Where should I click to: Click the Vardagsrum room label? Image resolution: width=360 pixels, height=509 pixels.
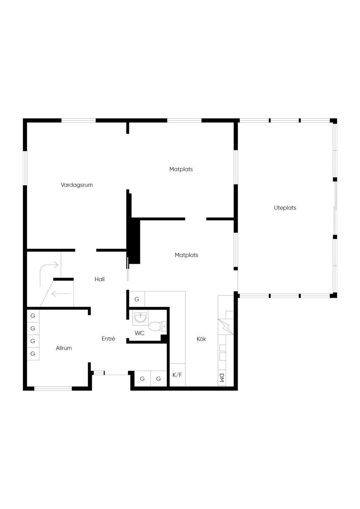click(77, 185)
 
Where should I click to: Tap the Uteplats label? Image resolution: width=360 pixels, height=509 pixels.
click(285, 208)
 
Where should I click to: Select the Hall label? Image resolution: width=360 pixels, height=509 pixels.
click(99, 279)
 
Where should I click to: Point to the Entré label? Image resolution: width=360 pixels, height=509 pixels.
click(108, 339)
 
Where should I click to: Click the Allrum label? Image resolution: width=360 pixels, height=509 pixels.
click(64, 348)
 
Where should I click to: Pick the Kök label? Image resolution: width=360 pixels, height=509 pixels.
click(201, 339)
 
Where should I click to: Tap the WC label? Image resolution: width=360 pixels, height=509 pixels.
click(140, 333)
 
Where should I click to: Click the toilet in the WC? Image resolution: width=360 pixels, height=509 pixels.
click(157, 326)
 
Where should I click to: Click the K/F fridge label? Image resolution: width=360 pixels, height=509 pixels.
click(177, 375)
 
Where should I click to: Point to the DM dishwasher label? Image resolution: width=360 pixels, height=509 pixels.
click(222, 378)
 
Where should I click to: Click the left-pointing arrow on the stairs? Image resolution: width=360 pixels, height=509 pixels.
click(62, 294)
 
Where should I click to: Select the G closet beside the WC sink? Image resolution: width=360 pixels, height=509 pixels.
click(137, 299)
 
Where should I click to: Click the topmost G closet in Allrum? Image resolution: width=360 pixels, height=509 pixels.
click(33, 316)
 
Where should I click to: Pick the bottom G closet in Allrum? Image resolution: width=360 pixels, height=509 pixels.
click(33, 354)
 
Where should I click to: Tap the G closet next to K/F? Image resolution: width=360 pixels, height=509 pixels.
click(159, 379)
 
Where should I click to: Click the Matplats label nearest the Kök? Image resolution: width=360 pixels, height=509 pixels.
click(187, 255)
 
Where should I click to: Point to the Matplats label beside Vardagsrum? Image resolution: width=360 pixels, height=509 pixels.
click(181, 169)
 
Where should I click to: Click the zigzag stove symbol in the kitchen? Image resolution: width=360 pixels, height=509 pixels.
click(226, 327)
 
